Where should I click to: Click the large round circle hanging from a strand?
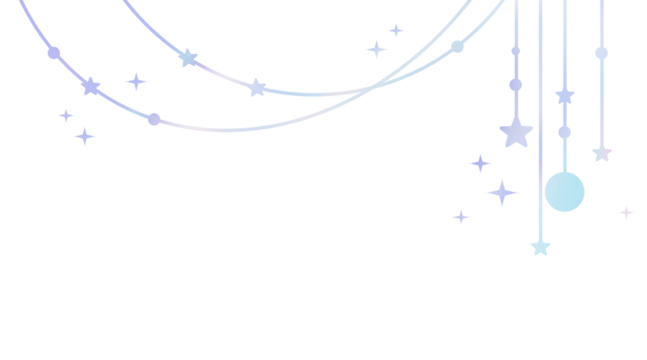click(x=565, y=192)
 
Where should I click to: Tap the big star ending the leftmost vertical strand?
click(x=516, y=132)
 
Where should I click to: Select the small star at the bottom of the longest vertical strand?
click(x=540, y=246)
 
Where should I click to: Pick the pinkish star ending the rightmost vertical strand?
click(x=602, y=153)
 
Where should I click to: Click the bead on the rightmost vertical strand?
click(x=601, y=53)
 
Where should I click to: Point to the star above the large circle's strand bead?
click(x=565, y=97)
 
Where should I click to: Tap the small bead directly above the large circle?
click(x=565, y=132)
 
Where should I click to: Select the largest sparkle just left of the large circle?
click(x=502, y=192)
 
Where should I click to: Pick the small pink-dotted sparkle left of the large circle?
click(x=461, y=216)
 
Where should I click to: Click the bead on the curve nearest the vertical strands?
click(x=457, y=46)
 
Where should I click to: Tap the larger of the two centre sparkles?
click(x=377, y=49)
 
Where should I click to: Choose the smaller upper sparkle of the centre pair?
click(x=397, y=31)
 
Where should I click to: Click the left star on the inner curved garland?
click(x=188, y=58)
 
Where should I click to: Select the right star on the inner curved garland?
click(x=257, y=88)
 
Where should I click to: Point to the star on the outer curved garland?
click(x=91, y=87)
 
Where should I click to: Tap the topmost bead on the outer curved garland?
click(x=54, y=53)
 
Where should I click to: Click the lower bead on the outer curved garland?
click(x=154, y=119)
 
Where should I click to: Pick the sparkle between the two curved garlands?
click(x=136, y=81)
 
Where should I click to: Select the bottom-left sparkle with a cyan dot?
click(x=84, y=136)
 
